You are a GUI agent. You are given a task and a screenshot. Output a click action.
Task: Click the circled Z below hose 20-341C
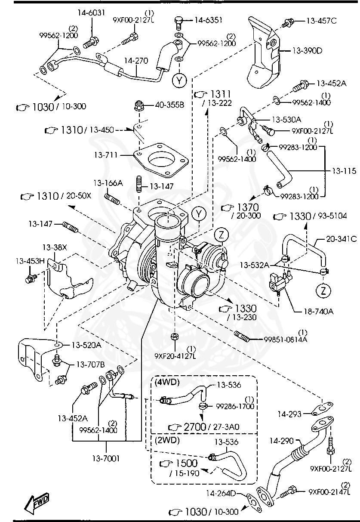(x=323, y=291)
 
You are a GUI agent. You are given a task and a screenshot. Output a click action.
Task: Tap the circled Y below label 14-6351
(x=179, y=80)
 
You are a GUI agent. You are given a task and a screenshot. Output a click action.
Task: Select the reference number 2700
(x=195, y=427)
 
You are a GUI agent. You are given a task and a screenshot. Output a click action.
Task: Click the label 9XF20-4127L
(x=175, y=355)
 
